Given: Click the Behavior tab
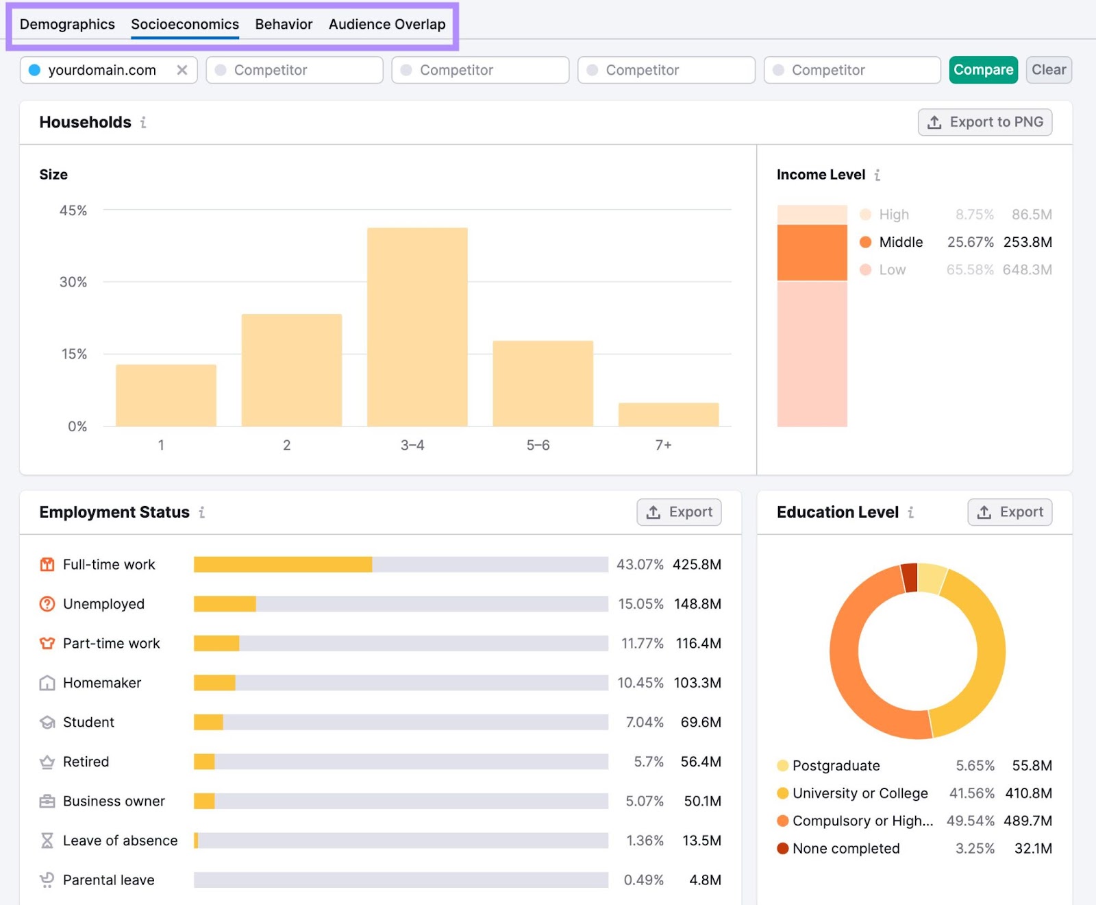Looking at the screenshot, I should (x=284, y=24).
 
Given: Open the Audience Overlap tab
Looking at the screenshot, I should (x=387, y=24).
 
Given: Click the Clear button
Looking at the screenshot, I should (x=1048, y=70).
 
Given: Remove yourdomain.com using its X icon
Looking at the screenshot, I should (x=182, y=70).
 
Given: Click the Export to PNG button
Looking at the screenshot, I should (x=984, y=122).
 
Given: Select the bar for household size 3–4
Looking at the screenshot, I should (x=417, y=327).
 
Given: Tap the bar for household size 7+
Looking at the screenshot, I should (x=668, y=414).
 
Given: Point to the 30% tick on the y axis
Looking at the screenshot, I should (x=73, y=282).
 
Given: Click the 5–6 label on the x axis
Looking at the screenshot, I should (x=538, y=445).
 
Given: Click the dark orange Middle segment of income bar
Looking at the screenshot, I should (x=812, y=252).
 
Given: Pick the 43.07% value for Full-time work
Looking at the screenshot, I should (x=640, y=564).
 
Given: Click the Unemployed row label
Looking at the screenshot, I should (x=103, y=604).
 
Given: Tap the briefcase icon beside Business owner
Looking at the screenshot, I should (x=47, y=801).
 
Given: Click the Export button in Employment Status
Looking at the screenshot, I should (x=679, y=512).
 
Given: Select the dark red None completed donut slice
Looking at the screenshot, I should (x=910, y=577).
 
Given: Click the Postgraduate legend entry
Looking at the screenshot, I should (x=836, y=765).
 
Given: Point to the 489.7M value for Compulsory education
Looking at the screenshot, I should (x=1027, y=821).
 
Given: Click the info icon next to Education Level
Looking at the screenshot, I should (x=910, y=512).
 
